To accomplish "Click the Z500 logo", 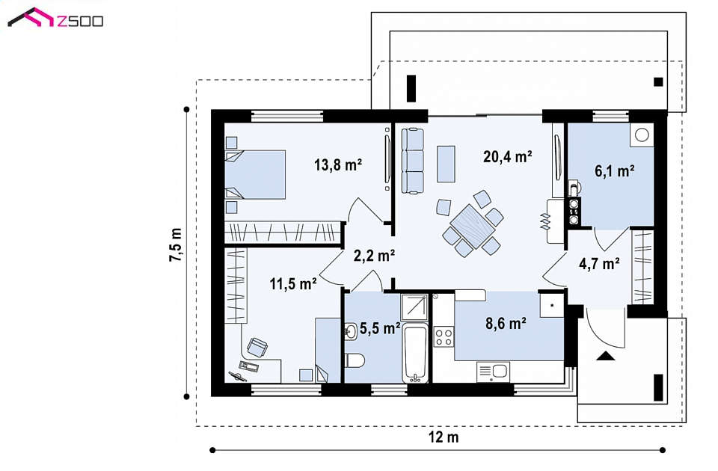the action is click(55, 18).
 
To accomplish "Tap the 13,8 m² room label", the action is click(338, 164).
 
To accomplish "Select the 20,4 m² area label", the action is click(507, 156).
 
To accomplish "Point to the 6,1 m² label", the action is click(614, 170).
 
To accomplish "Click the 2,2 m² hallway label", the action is click(374, 255).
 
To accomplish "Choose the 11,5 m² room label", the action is click(293, 284).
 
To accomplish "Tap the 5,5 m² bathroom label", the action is click(380, 327).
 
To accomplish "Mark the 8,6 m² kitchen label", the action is click(506, 324).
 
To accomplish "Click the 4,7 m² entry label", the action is click(599, 264).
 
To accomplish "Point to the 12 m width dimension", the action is click(444, 437).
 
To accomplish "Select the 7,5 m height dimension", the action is click(175, 244).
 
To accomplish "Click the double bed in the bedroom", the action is click(255, 175).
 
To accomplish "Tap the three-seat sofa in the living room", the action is click(413, 161).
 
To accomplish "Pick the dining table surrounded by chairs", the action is click(473, 226).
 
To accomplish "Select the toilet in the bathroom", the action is click(355, 360).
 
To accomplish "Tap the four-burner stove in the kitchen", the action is click(444, 337).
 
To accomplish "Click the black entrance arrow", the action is click(605, 356).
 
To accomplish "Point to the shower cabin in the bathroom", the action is click(414, 307).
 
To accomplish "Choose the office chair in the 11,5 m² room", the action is click(257, 347).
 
